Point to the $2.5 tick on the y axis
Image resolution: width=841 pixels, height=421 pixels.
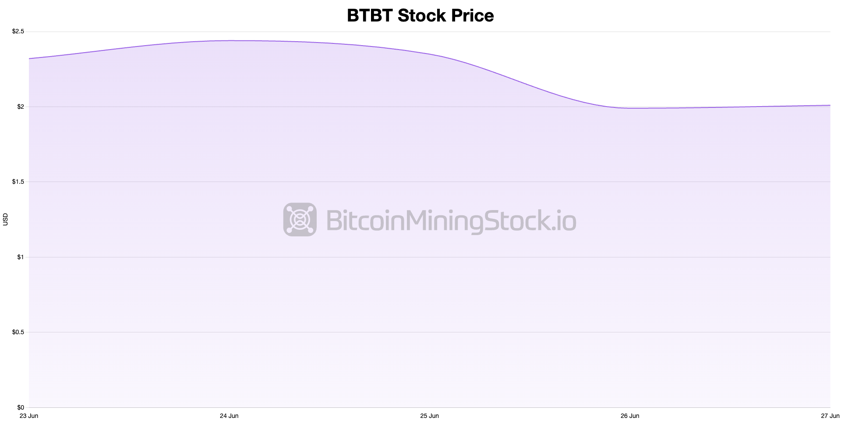pos(18,32)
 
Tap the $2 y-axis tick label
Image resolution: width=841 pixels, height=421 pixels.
pos(20,107)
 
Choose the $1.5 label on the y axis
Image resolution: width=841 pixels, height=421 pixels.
pos(18,182)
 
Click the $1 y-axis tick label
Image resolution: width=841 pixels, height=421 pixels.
pos(20,257)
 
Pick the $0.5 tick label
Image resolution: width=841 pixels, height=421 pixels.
pos(18,332)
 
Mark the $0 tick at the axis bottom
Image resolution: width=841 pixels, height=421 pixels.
pos(20,407)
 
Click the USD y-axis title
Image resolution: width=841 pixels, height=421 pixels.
pos(6,219)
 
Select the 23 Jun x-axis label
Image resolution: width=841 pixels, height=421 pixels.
pos(29,416)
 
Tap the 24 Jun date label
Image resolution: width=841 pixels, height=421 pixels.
pos(229,416)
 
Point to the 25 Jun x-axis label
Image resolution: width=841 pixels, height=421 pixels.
pos(429,416)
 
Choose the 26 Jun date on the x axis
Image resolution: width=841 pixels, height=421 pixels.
pos(630,416)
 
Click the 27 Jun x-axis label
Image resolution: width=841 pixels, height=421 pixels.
pos(830,416)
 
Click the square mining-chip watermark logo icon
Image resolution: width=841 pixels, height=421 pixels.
pos(300,219)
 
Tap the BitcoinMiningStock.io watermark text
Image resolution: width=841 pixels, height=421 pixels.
pos(451,220)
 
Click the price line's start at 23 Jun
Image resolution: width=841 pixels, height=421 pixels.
pos(29,58)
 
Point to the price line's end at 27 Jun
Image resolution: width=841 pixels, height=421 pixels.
pos(830,105)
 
